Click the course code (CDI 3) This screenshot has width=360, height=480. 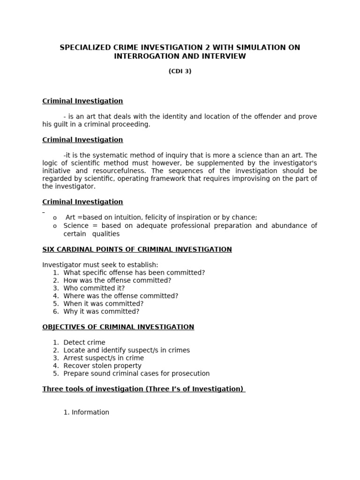(180, 71)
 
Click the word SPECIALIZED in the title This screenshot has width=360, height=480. (85, 48)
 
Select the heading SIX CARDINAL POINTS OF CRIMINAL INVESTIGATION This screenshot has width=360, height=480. (137, 249)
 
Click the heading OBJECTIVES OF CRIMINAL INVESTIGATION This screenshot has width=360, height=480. (118, 327)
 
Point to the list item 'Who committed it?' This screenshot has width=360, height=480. (94, 288)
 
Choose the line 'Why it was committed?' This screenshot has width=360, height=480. (101, 312)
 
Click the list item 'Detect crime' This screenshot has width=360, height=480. (84, 343)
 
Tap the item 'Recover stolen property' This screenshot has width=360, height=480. (102, 366)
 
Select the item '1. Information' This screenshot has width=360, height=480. (86, 412)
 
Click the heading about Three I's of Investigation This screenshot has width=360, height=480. (143, 389)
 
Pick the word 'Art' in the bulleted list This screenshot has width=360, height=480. (70, 217)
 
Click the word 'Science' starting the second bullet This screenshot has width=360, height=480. (75, 226)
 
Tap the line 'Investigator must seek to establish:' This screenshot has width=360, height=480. (100, 265)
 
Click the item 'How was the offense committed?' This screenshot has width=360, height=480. (117, 280)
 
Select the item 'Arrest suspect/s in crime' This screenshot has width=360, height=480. (104, 358)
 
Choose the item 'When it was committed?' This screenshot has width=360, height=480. (103, 304)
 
